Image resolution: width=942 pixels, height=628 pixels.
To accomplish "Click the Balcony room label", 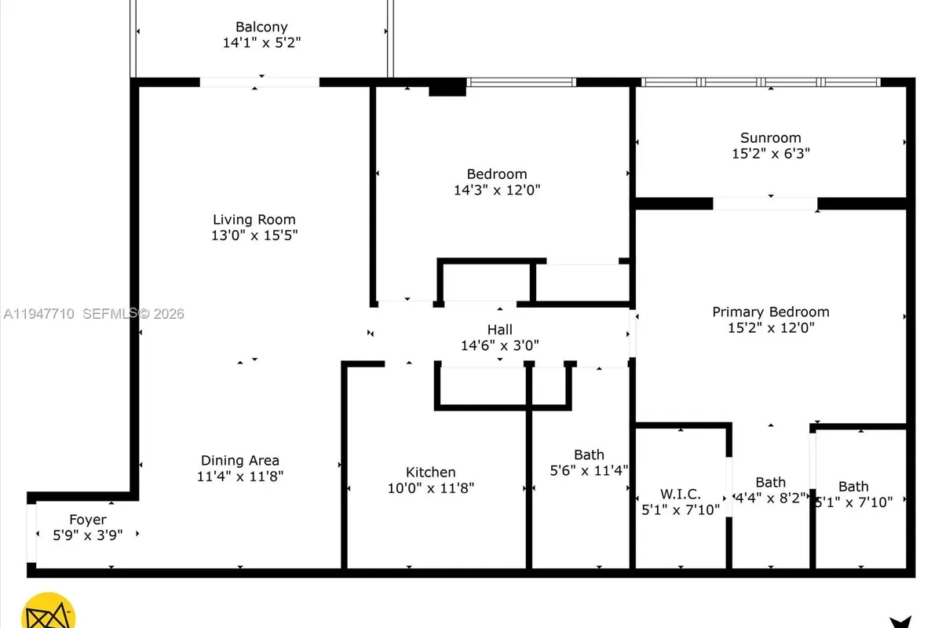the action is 261,27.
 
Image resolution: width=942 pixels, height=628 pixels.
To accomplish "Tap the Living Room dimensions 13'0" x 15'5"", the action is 254,235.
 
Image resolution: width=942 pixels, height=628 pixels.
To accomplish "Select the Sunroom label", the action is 770,138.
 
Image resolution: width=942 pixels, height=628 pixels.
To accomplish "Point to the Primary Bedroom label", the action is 770,312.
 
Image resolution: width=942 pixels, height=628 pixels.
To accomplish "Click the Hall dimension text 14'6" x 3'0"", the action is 499,345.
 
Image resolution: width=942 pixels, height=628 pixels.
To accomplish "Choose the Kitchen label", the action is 430,473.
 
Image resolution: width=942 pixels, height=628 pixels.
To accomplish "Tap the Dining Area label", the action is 239,461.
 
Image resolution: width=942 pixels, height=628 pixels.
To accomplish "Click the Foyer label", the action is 88,520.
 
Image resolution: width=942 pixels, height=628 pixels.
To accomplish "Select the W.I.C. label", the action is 680,494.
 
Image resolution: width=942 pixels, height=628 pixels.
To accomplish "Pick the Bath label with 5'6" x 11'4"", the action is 589,455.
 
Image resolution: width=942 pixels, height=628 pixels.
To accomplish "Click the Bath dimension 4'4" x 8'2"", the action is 770,498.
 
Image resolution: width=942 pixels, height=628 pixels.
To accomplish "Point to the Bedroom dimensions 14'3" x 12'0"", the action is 497,190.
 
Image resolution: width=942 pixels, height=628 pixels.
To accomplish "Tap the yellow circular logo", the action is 49,612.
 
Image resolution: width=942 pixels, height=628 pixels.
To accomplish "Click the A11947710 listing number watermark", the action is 38,314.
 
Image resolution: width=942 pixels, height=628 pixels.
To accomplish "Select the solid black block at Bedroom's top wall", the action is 447,88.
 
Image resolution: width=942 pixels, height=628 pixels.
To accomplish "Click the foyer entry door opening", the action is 31,533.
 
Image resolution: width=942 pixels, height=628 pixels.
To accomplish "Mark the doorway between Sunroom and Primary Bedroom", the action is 765,203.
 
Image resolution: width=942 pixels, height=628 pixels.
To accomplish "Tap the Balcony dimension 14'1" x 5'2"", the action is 261,43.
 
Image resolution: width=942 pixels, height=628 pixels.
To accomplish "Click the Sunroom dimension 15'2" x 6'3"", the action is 770,154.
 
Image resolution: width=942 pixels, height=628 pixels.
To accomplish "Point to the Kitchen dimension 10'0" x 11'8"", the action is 430,488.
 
